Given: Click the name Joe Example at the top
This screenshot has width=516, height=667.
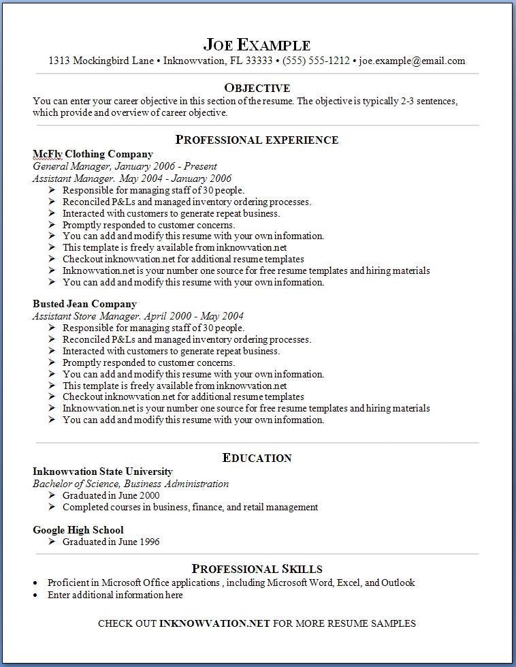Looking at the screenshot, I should (257, 45).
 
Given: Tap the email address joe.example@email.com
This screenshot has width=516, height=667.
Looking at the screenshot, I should (412, 61).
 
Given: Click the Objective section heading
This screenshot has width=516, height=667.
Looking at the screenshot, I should (257, 88).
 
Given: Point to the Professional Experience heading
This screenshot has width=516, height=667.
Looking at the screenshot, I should (257, 140).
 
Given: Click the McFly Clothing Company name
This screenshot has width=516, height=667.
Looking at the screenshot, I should (93, 154).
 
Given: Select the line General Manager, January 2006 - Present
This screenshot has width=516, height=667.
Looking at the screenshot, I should (125, 166).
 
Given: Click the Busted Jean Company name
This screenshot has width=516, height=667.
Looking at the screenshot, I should (84, 304).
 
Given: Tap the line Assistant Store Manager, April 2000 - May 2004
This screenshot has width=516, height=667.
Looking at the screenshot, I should (138, 316).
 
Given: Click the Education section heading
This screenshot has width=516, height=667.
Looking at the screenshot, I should (257, 458).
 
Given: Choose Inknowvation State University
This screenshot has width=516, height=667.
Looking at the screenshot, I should (102, 471).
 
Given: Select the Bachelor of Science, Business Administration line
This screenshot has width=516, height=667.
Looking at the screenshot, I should (131, 484).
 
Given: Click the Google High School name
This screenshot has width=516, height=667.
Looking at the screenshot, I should (78, 530).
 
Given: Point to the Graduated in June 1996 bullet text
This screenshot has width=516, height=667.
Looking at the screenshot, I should (111, 542).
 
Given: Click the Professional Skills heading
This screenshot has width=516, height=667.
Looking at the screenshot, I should (257, 569).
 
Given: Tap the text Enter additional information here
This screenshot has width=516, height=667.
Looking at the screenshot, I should (115, 595).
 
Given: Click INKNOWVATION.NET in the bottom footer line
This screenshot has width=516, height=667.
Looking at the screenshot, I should (214, 623).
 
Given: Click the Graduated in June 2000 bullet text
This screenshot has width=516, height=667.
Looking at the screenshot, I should (111, 495).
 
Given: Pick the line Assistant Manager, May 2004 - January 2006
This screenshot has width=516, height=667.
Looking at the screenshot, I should (132, 179).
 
